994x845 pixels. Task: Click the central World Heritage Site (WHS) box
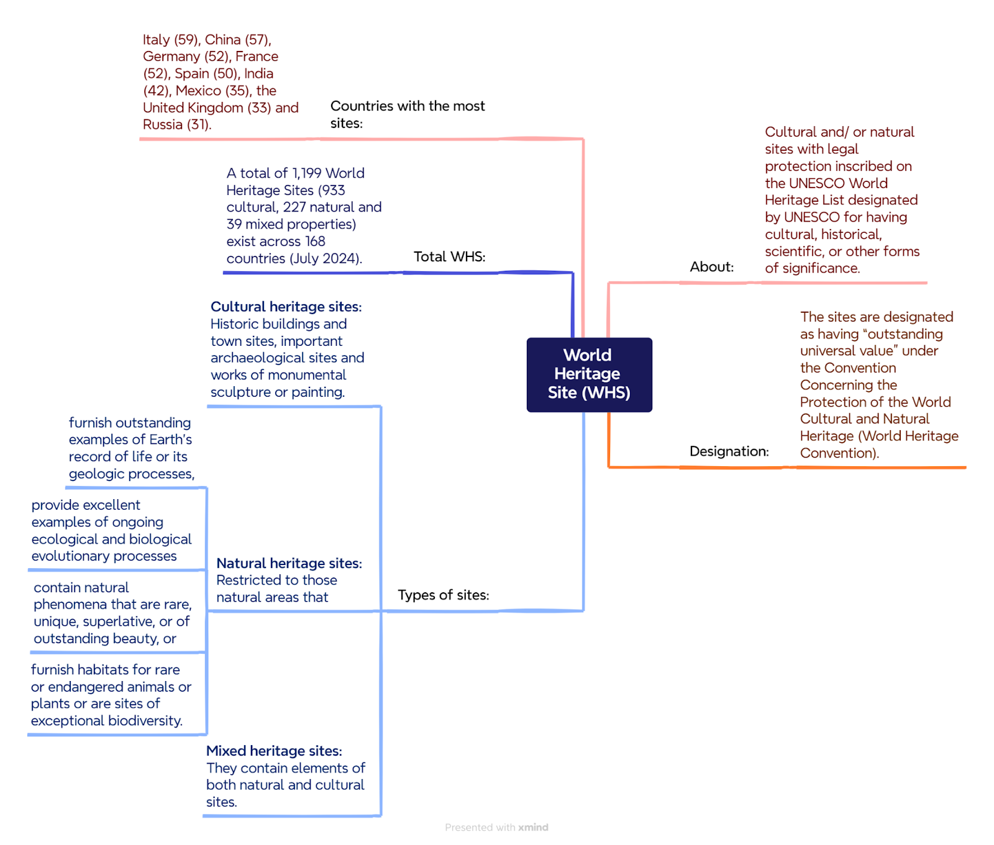coord(589,374)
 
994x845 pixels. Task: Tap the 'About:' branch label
coord(711,267)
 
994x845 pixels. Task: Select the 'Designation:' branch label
coord(729,451)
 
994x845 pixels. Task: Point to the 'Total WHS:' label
coord(449,256)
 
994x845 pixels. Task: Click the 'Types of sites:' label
coord(443,595)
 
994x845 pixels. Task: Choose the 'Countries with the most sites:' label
coord(408,114)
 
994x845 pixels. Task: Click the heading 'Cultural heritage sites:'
coord(286,307)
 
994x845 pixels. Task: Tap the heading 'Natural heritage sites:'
coord(289,563)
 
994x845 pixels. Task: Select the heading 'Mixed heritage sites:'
coord(274,751)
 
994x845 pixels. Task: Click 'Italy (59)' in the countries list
coord(171,40)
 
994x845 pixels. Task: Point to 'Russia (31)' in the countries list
coord(177,124)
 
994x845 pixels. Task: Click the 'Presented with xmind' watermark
coord(496,827)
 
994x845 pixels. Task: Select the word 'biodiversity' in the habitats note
coord(145,721)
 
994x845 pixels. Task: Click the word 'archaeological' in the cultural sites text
coord(252,358)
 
